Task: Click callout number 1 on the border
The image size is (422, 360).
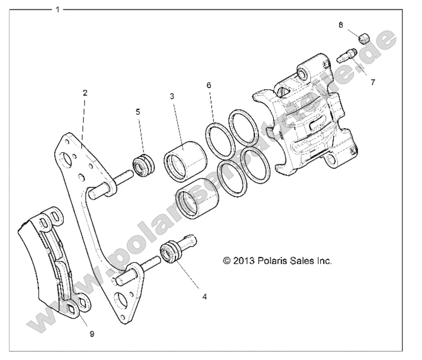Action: tap(58, 9)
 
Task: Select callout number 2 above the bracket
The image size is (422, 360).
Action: tap(85, 93)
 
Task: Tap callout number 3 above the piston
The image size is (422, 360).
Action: tap(172, 96)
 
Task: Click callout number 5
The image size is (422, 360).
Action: tap(138, 112)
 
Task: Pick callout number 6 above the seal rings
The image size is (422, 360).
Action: tap(208, 85)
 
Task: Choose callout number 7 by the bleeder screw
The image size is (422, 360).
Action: tap(373, 82)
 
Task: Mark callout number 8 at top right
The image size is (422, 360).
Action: tap(340, 25)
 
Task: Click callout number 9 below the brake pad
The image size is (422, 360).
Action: tap(92, 334)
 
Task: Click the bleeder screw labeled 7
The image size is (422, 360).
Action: tap(345, 56)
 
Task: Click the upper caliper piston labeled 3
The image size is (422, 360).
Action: tap(185, 160)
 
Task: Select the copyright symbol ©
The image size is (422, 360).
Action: tap(227, 261)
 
